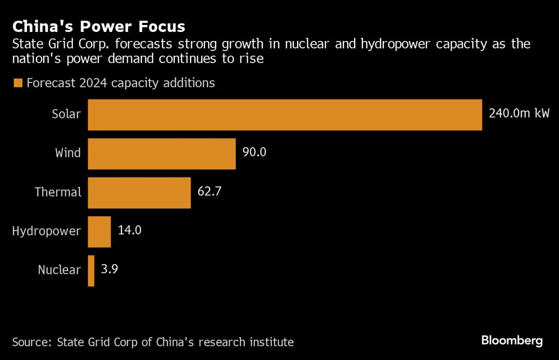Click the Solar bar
[x=285, y=114]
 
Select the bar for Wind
[x=161, y=154]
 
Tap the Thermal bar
[x=139, y=193]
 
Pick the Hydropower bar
[x=99, y=232]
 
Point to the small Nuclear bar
[x=91, y=271]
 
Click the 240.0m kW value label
[x=519, y=113]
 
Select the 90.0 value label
[x=254, y=153]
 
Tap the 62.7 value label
[x=209, y=192]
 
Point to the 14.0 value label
[x=130, y=231]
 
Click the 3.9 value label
[x=109, y=269]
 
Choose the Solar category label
[x=66, y=114]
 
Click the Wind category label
[x=68, y=153]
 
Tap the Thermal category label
[x=58, y=192]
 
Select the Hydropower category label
[x=46, y=231]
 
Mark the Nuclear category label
[x=59, y=270]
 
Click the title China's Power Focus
[x=99, y=27]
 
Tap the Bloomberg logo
[x=512, y=341]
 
